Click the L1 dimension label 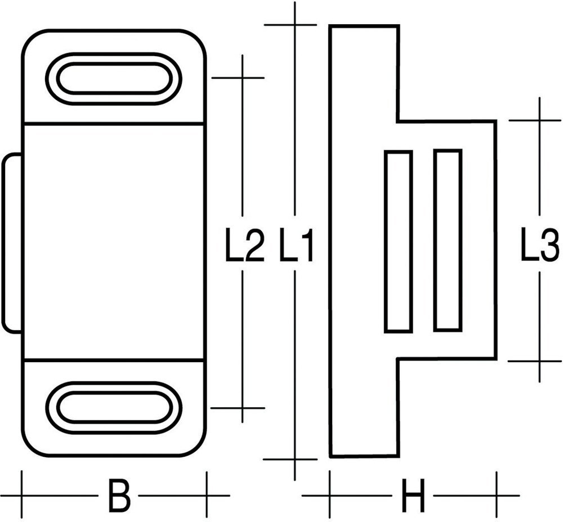(297, 246)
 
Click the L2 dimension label (244, 246)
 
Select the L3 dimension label (539, 246)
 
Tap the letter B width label (118, 496)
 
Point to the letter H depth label (412, 496)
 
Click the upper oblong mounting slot (113, 79)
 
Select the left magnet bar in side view (399, 241)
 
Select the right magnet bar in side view (448, 241)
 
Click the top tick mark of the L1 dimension (294, 25)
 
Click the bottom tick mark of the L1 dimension (294, 459)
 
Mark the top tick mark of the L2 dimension (242, 78)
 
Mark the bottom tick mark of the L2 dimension (242, 408)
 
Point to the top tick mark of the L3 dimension (539, 120)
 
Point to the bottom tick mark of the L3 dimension (539, 361)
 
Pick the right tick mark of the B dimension (206, 496)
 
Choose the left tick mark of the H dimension (330, 496)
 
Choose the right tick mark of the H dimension (496, 496)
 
